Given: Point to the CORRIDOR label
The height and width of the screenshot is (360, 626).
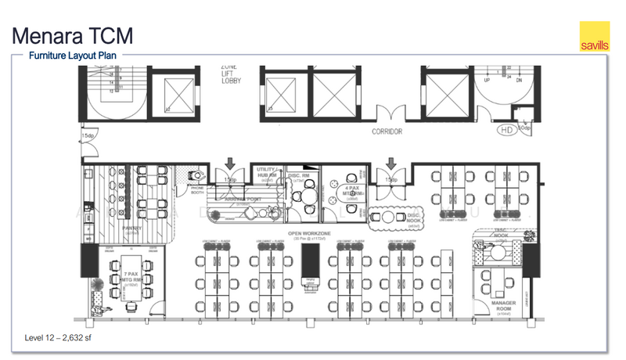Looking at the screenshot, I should coord(387,131).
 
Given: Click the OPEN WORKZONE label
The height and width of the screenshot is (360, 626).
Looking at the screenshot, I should coord(311,232).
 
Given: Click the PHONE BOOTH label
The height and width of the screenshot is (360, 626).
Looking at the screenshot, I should coord(192,190).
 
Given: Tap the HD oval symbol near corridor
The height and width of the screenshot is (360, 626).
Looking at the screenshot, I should coord(506,129).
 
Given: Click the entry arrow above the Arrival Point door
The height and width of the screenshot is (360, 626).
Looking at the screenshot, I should coord(229,164).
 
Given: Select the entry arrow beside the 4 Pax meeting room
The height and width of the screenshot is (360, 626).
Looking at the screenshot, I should coord(390,164).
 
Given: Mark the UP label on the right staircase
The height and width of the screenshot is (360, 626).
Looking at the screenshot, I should coord(487,81).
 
